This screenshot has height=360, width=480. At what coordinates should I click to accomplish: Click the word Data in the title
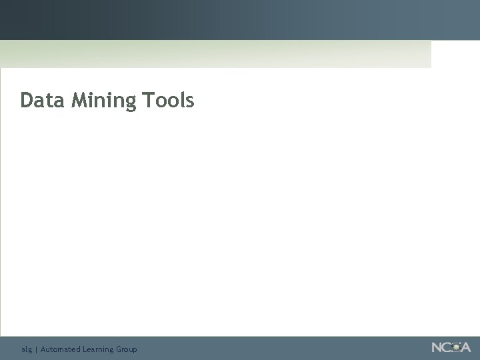[x=43, y=100]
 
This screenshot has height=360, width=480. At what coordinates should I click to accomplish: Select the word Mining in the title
[x=103, y=101]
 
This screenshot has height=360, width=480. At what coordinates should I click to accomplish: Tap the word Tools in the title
[x=167, y=100]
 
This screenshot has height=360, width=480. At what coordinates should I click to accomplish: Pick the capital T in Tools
[x=147, y=100]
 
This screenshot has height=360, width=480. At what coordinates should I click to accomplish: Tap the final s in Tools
[x=189, y=101]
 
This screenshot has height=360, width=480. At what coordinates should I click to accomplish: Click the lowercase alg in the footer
[x=26, y=349]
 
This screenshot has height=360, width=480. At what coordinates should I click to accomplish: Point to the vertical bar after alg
[x=36, y=349]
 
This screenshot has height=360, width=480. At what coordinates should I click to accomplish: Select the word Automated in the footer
[x=60, y=349]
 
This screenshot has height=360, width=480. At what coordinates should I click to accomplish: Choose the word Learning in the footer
[x=99, y=349]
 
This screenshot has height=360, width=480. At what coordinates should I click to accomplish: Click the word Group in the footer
[x=127, y=349]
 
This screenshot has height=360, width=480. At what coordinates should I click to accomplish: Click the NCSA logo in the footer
[x=451, y=347]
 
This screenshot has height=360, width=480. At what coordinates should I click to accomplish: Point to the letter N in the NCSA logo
[x=437, y=347]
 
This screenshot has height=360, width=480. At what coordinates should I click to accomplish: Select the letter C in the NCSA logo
[x=447, y=347]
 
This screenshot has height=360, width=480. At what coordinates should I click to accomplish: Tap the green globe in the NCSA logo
[x=455, y=347]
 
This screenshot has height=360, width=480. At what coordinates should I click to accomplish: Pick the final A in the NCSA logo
[x=465, y=347]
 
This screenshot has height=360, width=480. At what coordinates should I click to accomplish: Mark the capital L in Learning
[x=85, y=349]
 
